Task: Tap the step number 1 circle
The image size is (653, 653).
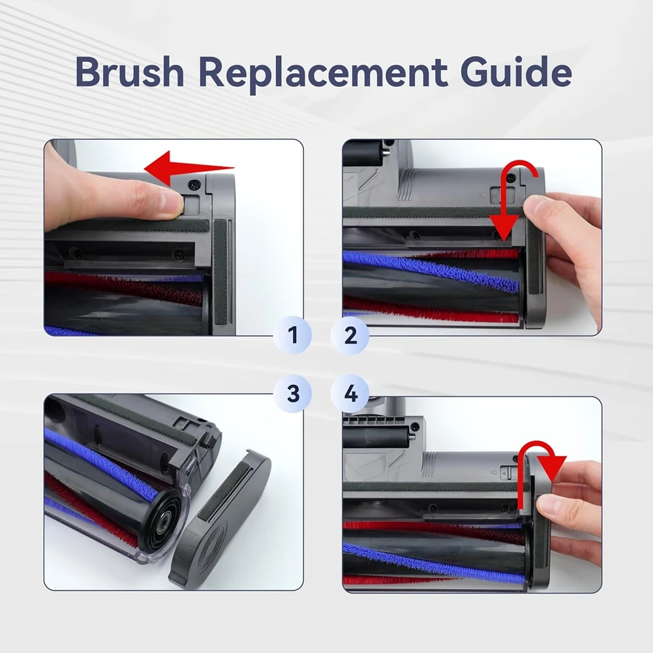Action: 293,336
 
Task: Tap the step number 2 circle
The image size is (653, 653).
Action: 350,336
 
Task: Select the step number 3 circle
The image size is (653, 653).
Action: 293,393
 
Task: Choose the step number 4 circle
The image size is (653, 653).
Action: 350,393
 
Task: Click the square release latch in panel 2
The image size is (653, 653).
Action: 497,194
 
